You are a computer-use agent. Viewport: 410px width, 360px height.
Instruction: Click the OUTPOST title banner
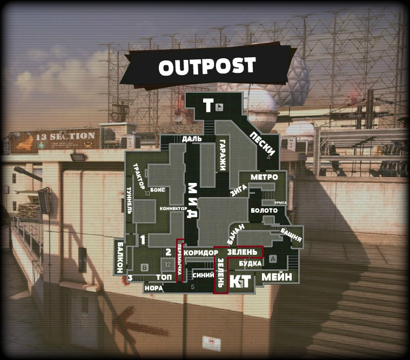tap(207, 66)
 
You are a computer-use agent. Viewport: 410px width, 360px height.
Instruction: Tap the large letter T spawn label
tap(208, 106)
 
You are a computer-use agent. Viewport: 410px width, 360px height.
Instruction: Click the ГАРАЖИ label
tap(222, 155)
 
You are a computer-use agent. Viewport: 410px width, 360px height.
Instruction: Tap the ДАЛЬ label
tap(192, 139)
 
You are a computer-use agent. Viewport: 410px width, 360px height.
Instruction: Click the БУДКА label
tap(250, 263)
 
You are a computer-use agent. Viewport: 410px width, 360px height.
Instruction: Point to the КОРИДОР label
tap(200, 253)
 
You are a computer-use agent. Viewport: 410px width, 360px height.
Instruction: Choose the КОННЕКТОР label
tap(173, 208)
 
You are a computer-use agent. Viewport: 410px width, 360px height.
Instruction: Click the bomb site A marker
tap(272, 259)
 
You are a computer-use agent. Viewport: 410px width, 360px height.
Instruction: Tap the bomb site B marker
tap(144, 267)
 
